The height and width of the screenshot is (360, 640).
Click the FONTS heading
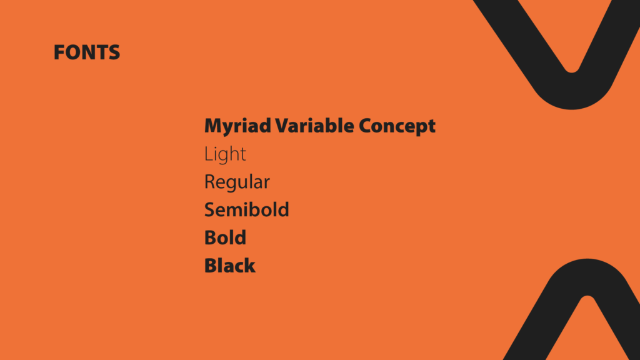pyautogui.click(x=87, y=52)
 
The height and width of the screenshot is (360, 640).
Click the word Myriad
pyautogui.click(x=237, y=126)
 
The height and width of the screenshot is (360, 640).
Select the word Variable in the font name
pyautogui.click(x=314, y=126)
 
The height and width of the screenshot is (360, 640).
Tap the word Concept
pyautogui.click(x=397, y=126)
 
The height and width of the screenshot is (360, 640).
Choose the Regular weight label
pyautogui.click(x=237, y=182)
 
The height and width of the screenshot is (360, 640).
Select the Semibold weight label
pyautogui.click(x=246, y=209)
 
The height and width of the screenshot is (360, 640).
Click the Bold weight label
pyautogui.click(x=225, y=237)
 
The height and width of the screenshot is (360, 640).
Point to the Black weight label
pyautogui.click(x=230, y=265)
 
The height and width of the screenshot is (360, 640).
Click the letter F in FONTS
pyautogui.click(x=59, y=52)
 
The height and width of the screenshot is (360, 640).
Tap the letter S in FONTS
pyautogui.click(x=114, y=52)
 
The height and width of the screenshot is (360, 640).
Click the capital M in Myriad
pyautogui.click(x=214, y=126)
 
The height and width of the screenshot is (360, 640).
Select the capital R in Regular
pyautogui.click(x=209, y=182)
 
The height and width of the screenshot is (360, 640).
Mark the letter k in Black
pyautogui.click(x=250, y=265)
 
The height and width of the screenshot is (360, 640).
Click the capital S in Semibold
pyautogui.click(x=210, y=209)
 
